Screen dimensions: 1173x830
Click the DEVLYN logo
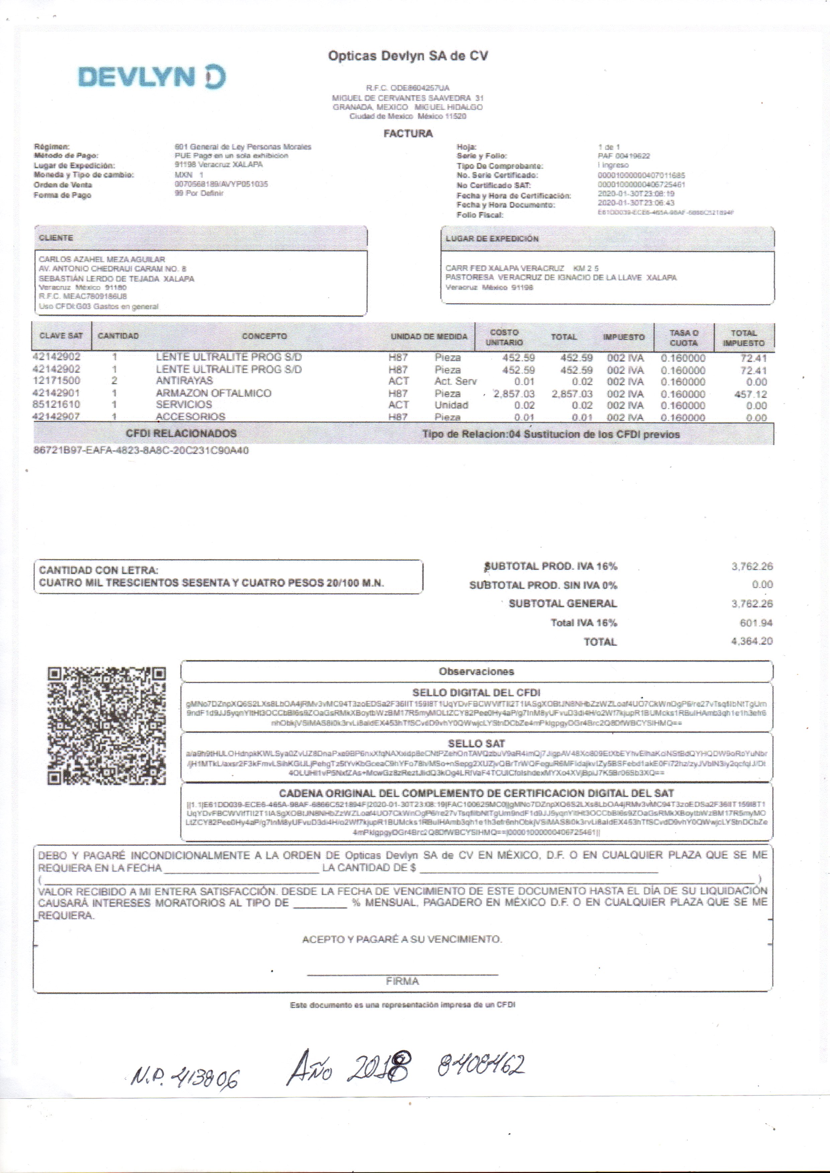[152, 77]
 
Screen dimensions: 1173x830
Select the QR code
[107, 725]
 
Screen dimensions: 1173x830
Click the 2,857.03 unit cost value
[514, 394]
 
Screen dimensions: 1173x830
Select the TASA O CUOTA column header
[684, 338]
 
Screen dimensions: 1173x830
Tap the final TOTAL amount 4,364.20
[751, 641]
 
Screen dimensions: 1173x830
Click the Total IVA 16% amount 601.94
[756, 623]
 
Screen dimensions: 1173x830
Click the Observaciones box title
[476, 671]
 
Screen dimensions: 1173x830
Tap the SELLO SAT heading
[476, 743]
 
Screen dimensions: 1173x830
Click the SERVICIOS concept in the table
[184, 404]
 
